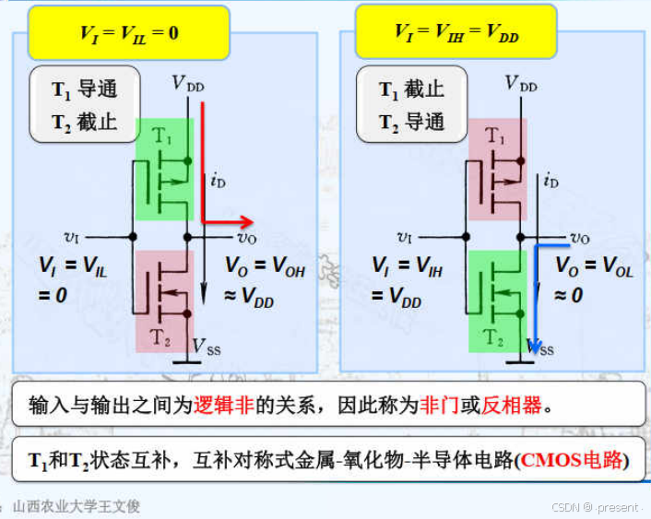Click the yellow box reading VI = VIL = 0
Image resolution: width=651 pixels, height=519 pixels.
tap(128, 33)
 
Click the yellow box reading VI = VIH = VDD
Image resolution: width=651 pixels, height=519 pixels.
tap(456, 33)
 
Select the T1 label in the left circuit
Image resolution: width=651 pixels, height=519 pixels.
tap(162, 136)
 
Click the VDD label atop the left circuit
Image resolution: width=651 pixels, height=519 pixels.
tap(188, 85)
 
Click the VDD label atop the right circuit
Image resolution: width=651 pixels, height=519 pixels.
tap(521, 85)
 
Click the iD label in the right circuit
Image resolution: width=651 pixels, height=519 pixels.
tap(550, 181)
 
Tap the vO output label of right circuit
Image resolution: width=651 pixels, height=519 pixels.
tap(579, 238)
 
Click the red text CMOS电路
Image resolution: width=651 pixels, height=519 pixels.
tap(571, 460)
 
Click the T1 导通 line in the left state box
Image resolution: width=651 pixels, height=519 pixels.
tap(84, 90)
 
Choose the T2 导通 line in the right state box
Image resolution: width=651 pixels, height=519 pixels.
tap(411, 122)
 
